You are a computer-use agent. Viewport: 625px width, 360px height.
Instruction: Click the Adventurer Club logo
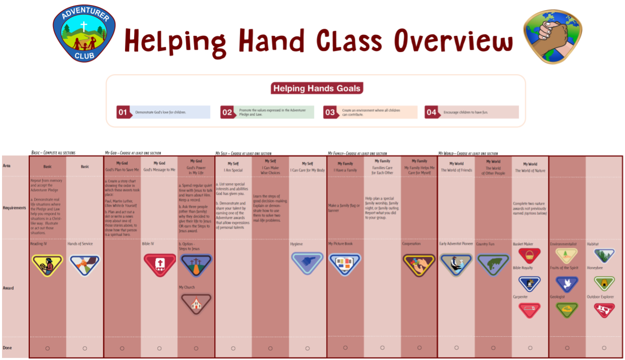click(85, 33)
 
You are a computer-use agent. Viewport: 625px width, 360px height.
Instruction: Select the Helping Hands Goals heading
click(317, 89)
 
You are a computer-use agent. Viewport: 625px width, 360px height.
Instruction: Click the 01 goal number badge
click(122, 112)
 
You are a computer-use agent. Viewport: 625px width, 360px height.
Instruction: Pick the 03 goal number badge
click(330, 112)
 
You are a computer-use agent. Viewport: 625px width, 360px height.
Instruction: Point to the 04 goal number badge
click(431, 112)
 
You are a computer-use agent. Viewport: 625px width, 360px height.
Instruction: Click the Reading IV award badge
click(47, 264)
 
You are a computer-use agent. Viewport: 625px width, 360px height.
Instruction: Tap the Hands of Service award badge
click(85, 264)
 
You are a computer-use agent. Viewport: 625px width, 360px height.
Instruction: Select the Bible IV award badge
click(159, 264)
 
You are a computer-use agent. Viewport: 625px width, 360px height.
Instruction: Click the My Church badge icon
click(196, 303)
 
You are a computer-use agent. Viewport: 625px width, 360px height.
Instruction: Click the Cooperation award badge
click(419, 264)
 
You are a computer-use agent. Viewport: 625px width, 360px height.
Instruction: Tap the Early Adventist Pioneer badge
click(456, 264)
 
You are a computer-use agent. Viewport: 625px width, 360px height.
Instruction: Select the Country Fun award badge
click(493, 264)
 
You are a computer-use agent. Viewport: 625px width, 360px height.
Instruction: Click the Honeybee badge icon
click(604, 283)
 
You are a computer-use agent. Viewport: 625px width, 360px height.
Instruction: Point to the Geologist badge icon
click(567, 310)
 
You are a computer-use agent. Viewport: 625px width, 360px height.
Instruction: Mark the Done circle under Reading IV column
click(47, 348)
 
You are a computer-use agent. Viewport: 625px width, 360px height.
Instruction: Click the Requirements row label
click(14, 208)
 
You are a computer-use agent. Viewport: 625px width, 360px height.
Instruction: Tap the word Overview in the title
click(454, 40)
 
